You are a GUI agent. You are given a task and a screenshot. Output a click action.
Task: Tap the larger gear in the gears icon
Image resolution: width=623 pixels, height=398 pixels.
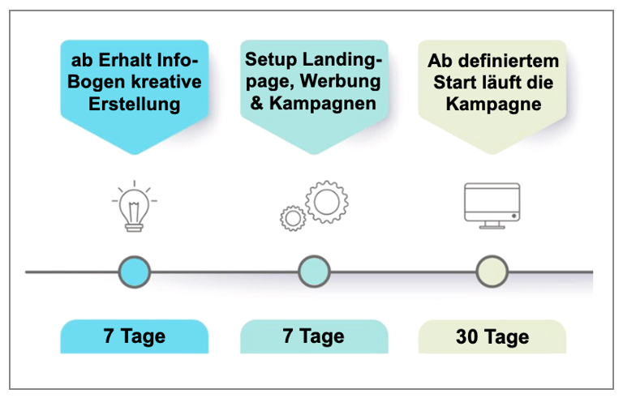(x=327, y=202)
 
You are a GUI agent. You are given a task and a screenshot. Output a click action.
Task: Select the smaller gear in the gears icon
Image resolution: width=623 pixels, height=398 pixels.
(x=293, y=218)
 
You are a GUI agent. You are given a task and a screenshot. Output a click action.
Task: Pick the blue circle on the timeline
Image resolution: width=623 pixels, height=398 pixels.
(x=135, y=272)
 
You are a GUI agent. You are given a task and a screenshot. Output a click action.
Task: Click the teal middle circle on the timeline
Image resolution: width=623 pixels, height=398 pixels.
(x=314, y=272)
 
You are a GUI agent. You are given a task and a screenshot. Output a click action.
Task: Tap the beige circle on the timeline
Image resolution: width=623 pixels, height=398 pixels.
(x=492, y=272)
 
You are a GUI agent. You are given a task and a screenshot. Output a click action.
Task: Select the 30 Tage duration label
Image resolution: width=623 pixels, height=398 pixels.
(x=492, y=337)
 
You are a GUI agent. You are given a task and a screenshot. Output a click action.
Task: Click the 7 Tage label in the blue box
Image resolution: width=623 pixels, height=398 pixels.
(x=135, y=336)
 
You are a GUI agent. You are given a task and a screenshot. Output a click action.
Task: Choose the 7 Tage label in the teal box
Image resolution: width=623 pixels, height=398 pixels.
(x=313, y=336)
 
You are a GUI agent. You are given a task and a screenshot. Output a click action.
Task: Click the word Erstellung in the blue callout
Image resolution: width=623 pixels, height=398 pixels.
(x=135, y=104)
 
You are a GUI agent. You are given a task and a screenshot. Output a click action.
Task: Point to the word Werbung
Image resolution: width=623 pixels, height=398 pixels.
(x=340, y=81)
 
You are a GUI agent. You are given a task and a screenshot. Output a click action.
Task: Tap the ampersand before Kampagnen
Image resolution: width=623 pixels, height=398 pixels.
(x=257, y=103)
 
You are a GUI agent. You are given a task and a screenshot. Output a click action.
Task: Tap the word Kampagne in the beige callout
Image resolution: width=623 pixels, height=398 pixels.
(x=493, y=105)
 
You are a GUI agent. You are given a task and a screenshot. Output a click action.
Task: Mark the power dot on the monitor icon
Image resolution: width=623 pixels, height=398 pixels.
(x=514, y=216)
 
